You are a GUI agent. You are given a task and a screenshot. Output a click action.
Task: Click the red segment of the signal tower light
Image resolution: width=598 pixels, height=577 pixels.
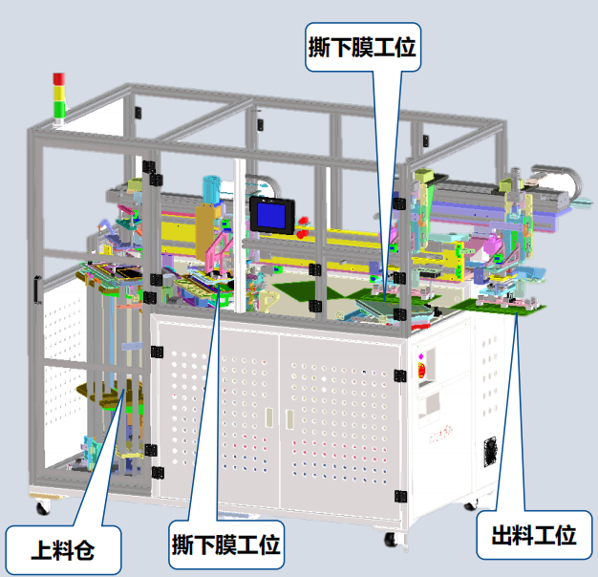58,79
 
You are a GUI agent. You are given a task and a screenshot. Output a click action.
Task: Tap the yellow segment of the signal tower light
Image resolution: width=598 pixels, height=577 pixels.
58,93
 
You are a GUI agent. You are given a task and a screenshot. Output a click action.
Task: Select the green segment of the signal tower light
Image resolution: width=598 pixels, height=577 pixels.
59,109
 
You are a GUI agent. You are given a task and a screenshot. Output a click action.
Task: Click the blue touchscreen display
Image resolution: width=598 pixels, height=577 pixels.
271,215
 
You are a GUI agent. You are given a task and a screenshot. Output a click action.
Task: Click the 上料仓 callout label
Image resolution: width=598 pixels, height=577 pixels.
63,550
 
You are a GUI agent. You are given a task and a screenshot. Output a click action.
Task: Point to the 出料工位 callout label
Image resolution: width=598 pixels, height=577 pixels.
534,535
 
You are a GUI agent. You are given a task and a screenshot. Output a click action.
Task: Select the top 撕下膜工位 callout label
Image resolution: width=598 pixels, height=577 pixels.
363,47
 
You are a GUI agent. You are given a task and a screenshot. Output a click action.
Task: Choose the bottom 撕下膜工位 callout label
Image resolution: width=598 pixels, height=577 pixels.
226,545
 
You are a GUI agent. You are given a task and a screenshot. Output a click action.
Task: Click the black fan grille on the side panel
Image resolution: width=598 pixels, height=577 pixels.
490,452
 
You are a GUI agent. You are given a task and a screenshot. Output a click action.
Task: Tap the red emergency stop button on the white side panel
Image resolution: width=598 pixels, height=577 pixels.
421,370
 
